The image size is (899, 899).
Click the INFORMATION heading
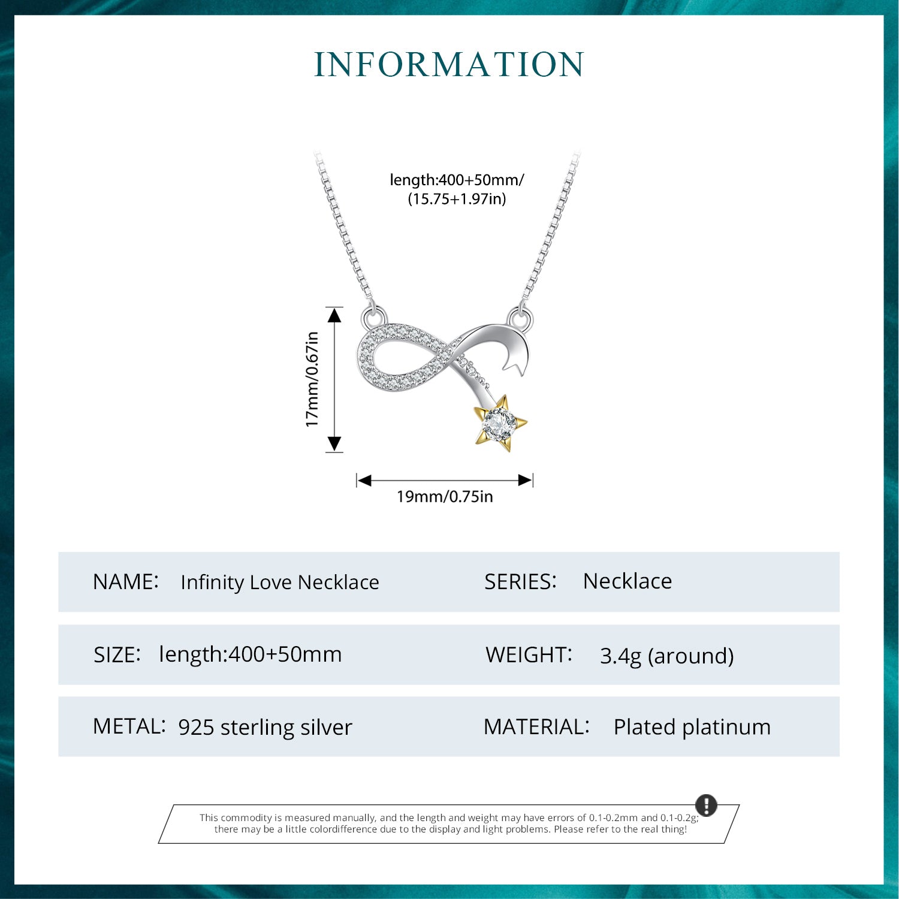coord(449,65)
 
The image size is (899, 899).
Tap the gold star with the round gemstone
coord(500,423)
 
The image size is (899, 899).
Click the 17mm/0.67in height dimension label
coord(312,379)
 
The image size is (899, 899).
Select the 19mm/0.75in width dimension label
coord(445,496)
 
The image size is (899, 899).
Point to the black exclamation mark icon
coord(706,805)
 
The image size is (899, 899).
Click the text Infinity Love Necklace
coord(280,582)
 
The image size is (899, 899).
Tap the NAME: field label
coord(126,581)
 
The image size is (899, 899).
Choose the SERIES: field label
coord(520,581)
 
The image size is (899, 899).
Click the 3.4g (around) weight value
coord(666,656)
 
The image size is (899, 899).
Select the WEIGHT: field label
coord(529,654)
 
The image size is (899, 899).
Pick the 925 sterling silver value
coord(265,727)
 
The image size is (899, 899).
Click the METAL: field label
coord(129,726)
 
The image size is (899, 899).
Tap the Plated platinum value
coord(692,727)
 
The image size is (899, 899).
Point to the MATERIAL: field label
coord(536,726)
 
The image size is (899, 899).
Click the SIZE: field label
coord(117,654)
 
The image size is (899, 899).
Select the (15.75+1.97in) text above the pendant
coord(457,198)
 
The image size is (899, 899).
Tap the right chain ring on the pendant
coord(520,319)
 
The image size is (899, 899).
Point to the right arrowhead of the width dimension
coord(525,480)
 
